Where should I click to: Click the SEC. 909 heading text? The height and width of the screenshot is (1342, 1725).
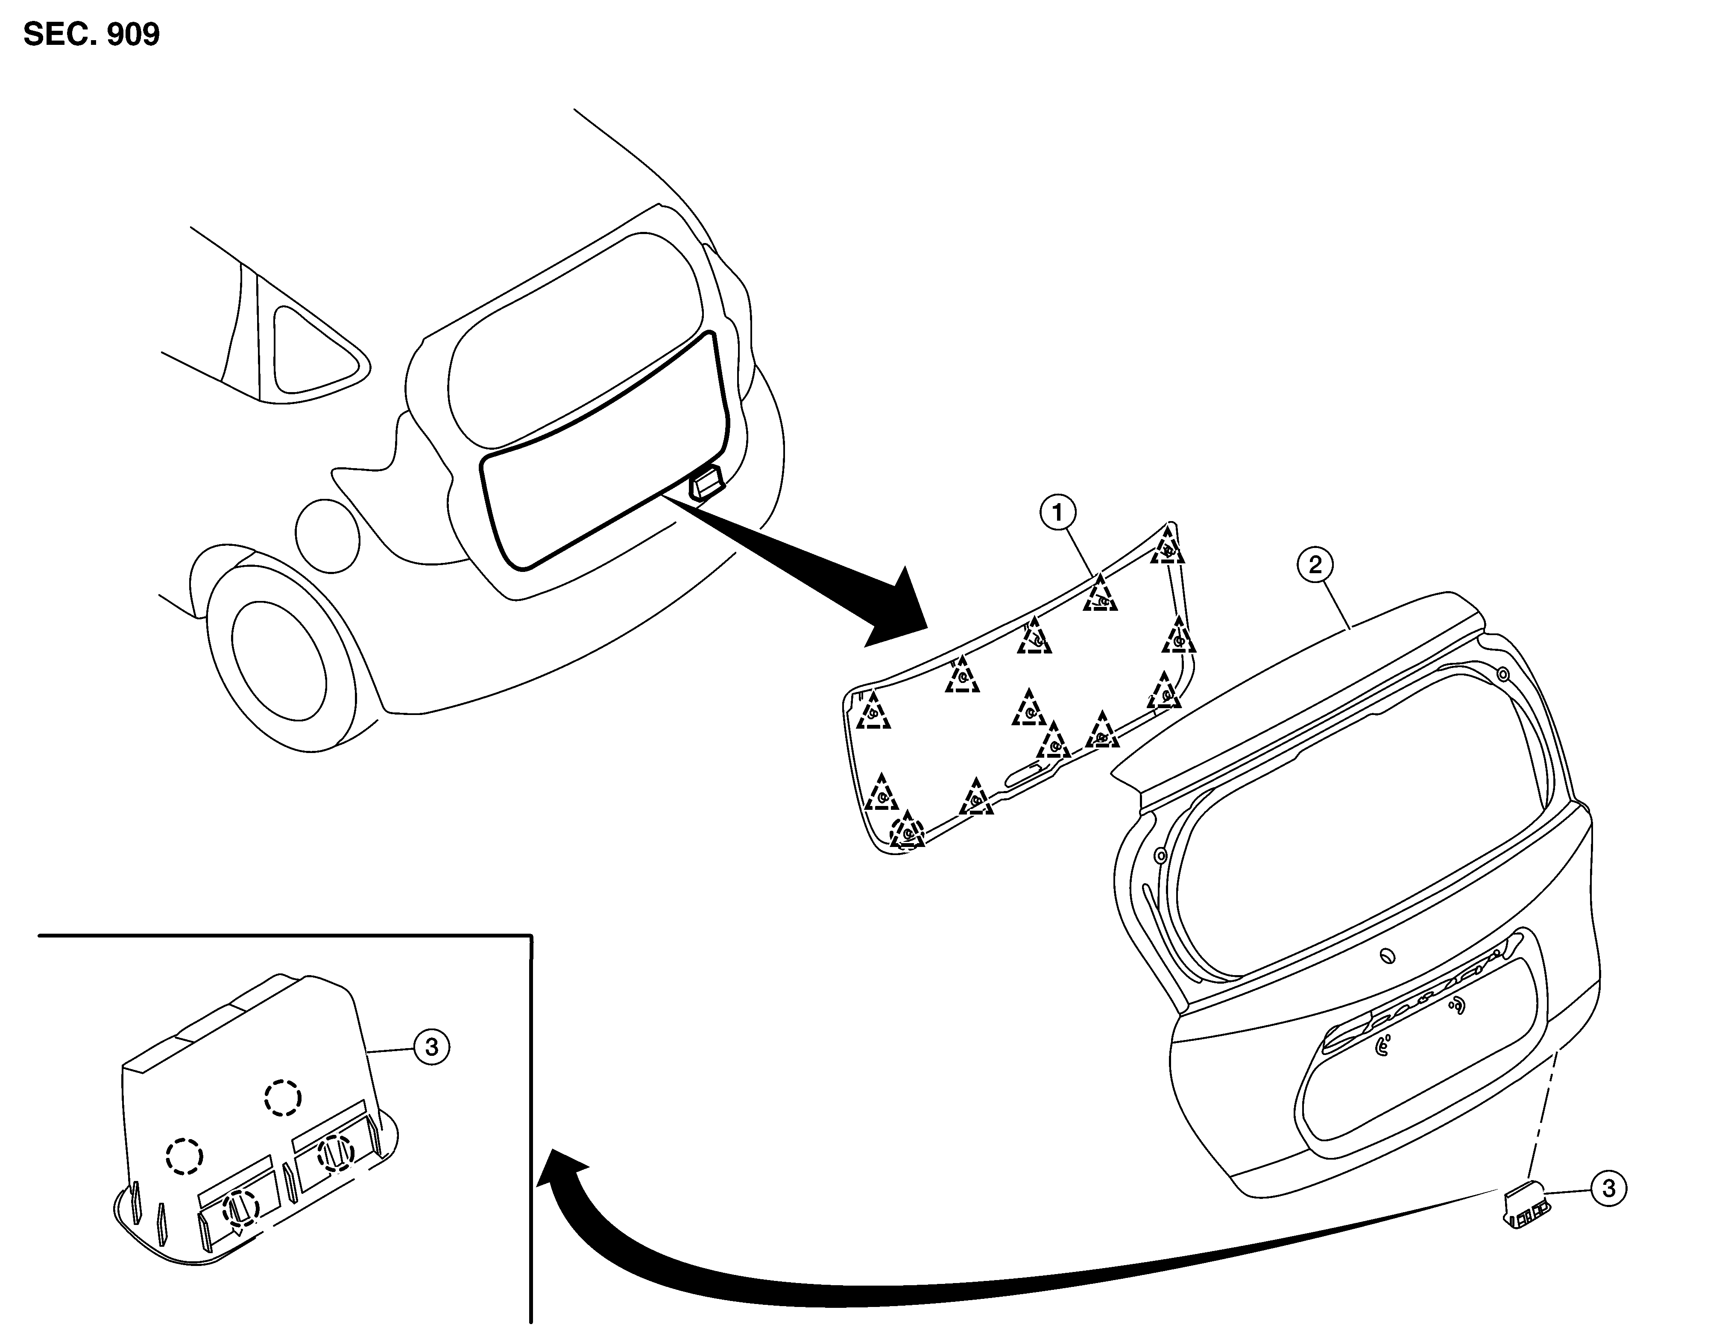tap(92, 34)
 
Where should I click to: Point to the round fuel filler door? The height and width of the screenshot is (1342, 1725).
tap(327, 536)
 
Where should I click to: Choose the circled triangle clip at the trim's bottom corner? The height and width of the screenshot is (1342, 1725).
tap(907, 831)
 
